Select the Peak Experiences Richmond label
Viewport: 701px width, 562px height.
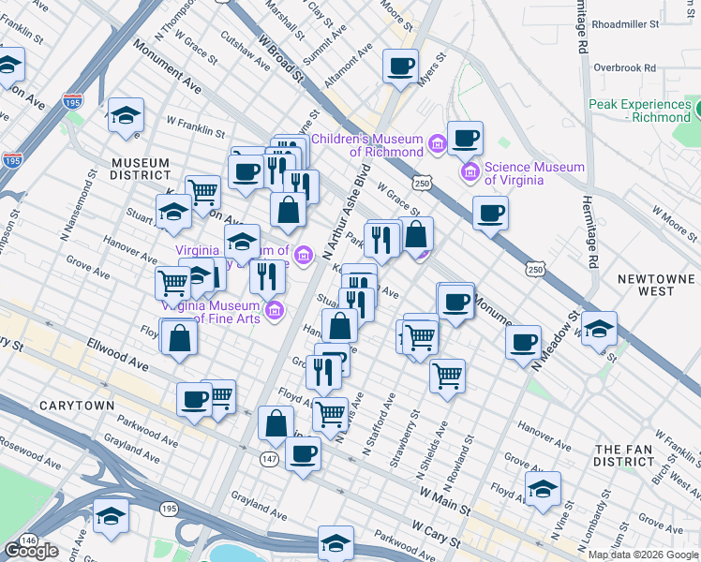point(639,111)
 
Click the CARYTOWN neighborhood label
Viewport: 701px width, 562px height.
point(76,406)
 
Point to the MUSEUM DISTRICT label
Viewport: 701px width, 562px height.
point(140,169)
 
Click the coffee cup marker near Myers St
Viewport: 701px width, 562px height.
point(401,67)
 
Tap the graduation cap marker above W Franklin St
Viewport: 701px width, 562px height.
point(126,115)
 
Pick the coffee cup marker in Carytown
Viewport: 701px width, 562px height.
point(195,399)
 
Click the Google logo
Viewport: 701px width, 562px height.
point(31,551)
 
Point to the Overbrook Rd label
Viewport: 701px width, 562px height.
point(624,67)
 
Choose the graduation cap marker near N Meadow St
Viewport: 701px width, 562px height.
point(599,329)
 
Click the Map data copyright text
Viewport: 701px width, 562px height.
point(643,555)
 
